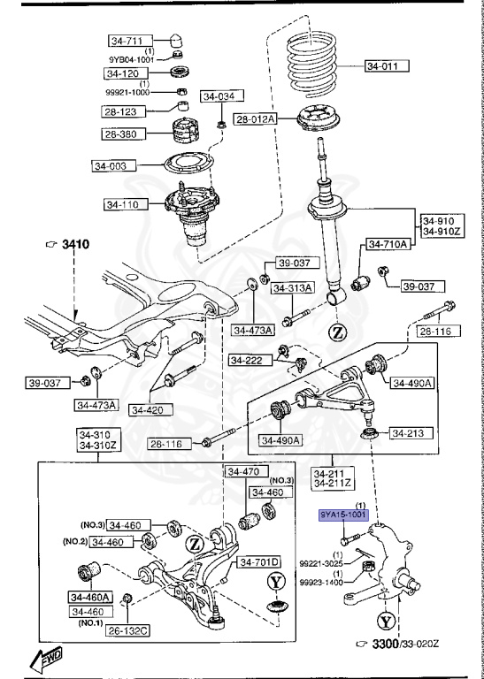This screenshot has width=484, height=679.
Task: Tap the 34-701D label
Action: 257,561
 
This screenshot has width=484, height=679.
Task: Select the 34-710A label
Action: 388,245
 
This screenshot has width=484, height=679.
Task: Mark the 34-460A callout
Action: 90,597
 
